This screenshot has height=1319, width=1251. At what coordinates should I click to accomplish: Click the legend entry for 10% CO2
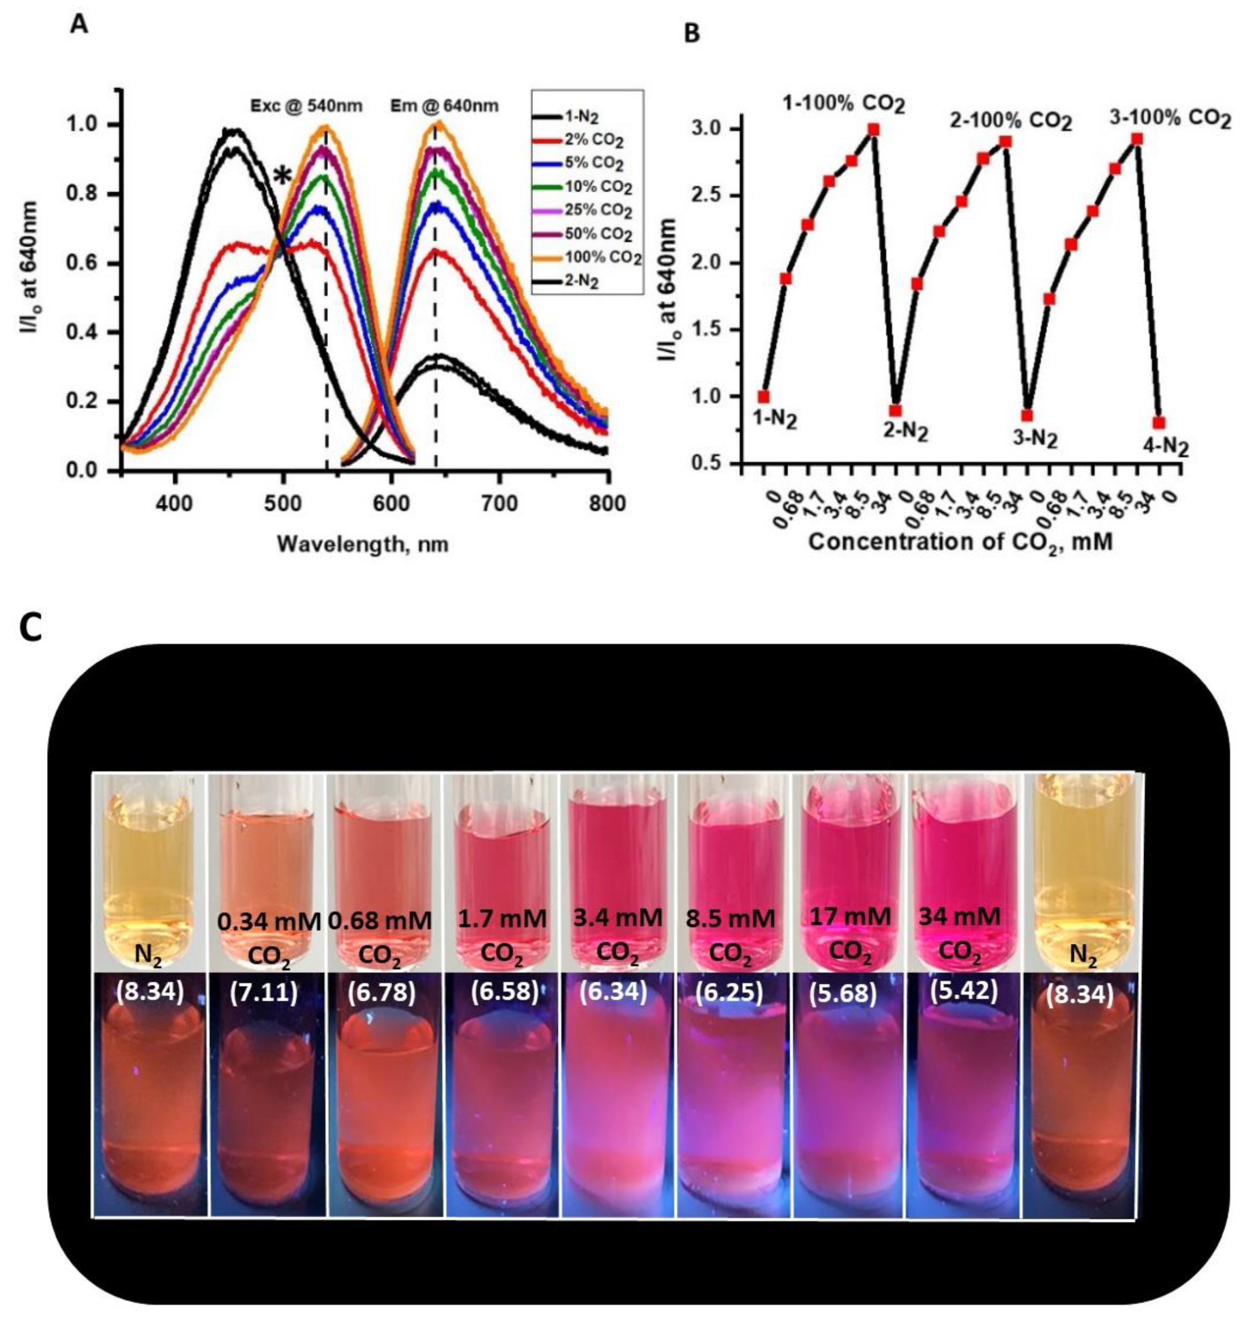(x=587, y=187)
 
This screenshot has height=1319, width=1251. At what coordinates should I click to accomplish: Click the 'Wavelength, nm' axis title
(x=363, y=544)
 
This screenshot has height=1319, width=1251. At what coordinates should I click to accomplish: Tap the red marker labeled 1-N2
(x=764, y=396)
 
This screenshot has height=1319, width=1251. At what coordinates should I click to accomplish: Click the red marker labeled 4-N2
(x=1160, y=423)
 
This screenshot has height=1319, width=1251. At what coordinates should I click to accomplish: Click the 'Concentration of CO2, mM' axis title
(x=960, y=541)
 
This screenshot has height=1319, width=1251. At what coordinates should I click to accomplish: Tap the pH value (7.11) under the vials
(x=264, y=993)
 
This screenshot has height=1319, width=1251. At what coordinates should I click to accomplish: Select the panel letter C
(x=32, y=629)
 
